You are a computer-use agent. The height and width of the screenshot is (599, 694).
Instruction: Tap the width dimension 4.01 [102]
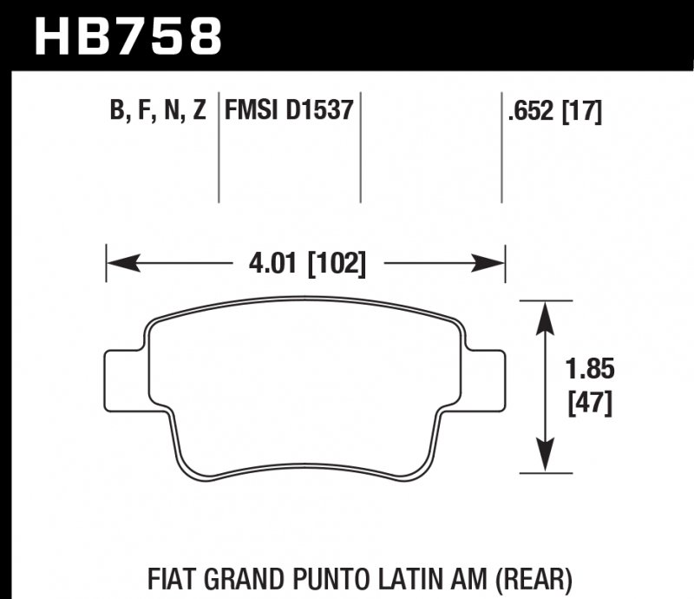pos(304,262)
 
